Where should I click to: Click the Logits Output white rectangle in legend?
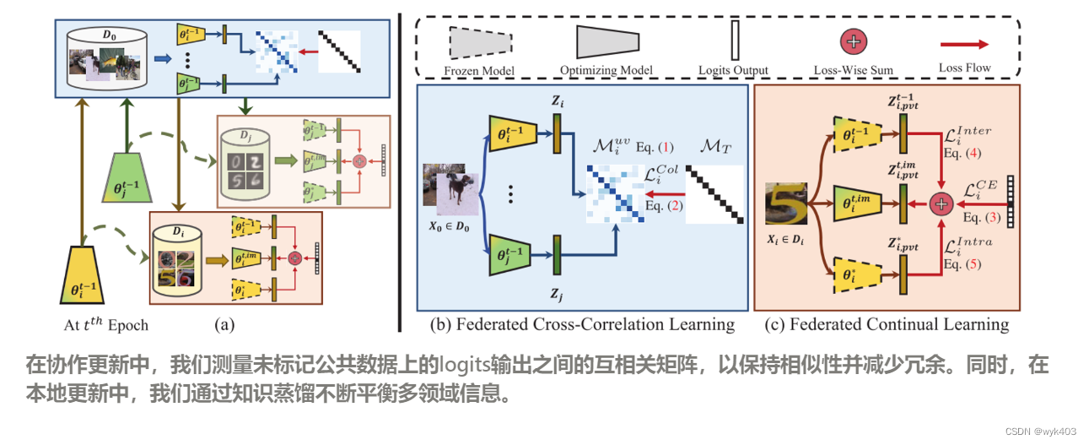tap(735, 40)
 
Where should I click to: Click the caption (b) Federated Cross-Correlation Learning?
tap(582, 324)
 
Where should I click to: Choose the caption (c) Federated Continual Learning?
tap(887, 324)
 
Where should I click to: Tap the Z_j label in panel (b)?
tap(556, 296)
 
